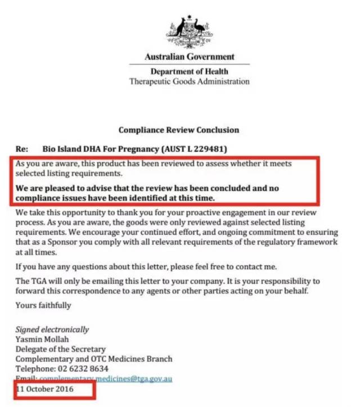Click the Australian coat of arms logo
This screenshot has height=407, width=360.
pyautogui.click(x=189, y=32)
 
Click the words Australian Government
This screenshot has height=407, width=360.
pyautogui.click(x=190, y=57)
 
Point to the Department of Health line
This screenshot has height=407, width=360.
pyautogui.click(x=190, y=71)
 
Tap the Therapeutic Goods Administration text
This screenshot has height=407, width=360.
pyautogui.click(x=190, y=82)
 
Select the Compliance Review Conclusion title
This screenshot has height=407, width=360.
pyautogui.click(x=178, y=130)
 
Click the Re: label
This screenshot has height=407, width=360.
pyautogui.click(x=22, y=150)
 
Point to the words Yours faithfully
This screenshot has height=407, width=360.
pyautogui.click(x=43, y=305)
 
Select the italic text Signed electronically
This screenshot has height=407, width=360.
pyautogui.click(x=52, y=329)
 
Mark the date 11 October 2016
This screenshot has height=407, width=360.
pyautogui.click(x=45, y=388)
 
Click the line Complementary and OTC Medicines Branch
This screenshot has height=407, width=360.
pyautogui.click(x=93, y=359)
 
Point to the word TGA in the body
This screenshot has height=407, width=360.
pyautogui.click(x=39, y=281)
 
